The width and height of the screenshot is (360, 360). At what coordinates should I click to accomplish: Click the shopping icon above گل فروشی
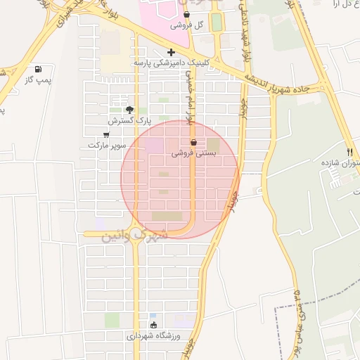(x=186, y=14)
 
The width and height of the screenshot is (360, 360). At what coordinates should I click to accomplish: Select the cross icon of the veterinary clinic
(x=172, y=51)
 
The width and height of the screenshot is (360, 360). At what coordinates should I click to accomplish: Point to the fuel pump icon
(x=37, y=70)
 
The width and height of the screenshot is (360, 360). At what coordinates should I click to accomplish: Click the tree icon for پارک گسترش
(x=129, y=109)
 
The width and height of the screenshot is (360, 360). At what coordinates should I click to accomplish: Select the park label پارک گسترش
(x=130, y=120)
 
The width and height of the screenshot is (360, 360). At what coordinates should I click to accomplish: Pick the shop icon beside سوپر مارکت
(x=106, y=134)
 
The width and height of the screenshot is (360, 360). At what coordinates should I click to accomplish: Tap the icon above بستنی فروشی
(x=193, y=142)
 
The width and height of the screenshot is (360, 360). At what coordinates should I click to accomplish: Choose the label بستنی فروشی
(x=194, y=153)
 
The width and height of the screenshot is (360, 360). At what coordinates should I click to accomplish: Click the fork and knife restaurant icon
(x=349, y=153)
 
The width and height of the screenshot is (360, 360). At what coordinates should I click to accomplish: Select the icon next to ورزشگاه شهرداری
(x=154, y=325)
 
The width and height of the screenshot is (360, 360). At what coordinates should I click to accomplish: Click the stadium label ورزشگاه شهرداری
(x=154, y=336)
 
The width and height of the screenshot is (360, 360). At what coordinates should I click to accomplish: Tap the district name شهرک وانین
(x=134, y=233)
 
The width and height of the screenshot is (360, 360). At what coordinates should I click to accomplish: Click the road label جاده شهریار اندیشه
(x=286, y=84)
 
